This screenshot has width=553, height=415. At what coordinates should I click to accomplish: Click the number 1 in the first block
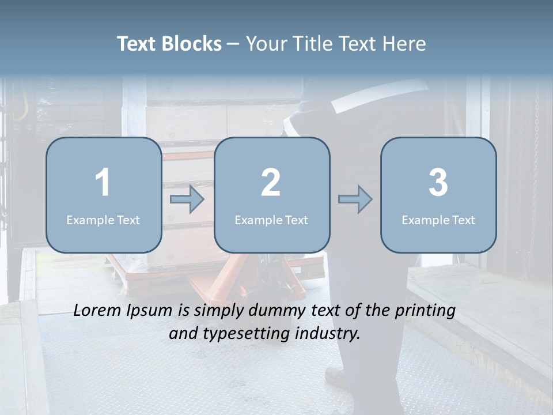[x=103, y=183]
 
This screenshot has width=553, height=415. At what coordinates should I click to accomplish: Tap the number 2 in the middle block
[x=271, y=183]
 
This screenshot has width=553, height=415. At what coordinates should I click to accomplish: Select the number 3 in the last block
[x=438, y=183]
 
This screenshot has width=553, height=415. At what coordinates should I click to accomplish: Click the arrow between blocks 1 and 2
[x=187, y=199]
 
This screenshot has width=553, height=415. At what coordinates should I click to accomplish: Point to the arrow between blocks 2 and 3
[x=355, y=199]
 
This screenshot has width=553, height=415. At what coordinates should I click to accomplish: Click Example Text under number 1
[x=103, y=220]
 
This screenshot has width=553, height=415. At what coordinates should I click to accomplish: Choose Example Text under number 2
[x=271, y=220]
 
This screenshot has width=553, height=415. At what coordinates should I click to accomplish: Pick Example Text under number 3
[x=438, y=220]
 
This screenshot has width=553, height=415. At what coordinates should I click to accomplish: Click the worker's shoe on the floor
[x=336, y=377]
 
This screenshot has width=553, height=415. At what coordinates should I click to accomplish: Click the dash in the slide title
[x=234, y=44]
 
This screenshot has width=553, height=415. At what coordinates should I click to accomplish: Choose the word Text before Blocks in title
[x=138, y=44]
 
